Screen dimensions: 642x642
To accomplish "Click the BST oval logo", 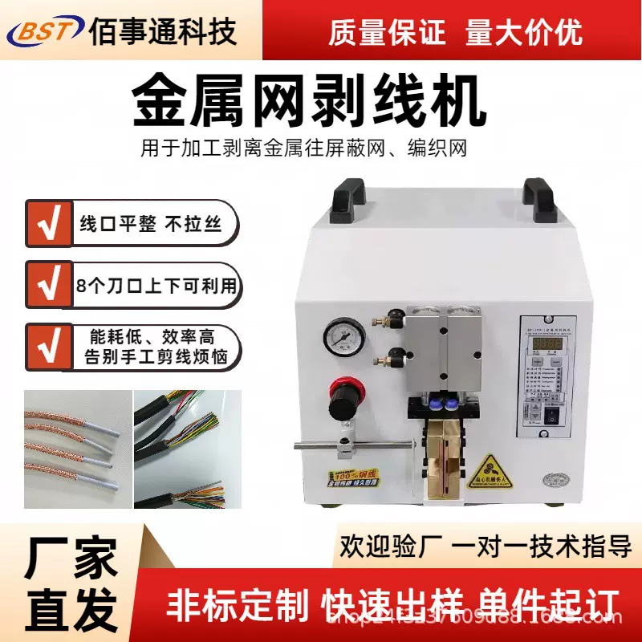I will click(x=44, y=32).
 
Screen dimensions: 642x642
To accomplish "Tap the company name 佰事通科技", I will click(x=164, y=32).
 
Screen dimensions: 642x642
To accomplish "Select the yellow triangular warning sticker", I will click(x=488, y=468).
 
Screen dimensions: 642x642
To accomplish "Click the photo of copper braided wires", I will click(x=77, y=453).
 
